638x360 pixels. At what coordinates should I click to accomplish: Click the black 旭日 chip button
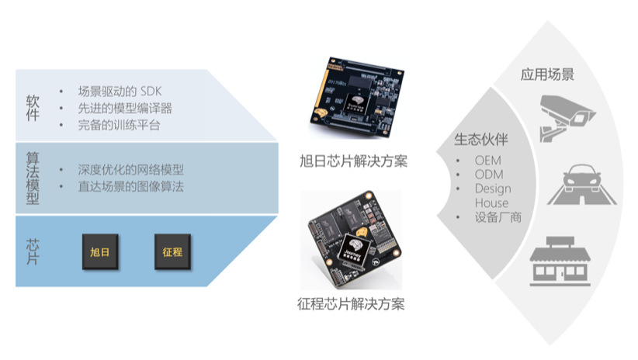coord(100,252)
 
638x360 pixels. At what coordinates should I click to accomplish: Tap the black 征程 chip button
coord(172,252)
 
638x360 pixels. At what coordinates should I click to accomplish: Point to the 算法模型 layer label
coord(32,177)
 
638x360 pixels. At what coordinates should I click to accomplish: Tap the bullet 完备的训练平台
coord(120,124)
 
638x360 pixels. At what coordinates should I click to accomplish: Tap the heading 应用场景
coord(547,75)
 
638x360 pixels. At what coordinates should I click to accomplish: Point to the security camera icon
coord(567,114)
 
